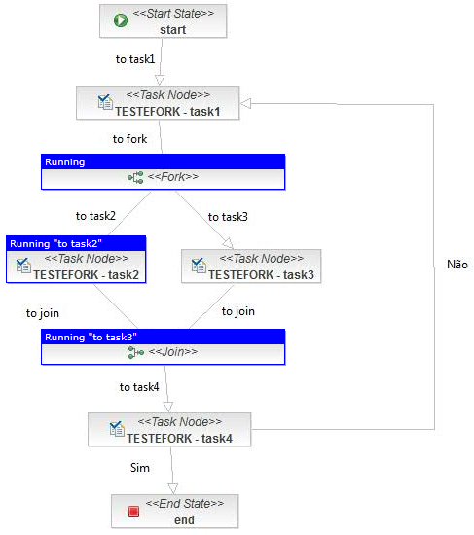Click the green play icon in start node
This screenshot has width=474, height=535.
121,20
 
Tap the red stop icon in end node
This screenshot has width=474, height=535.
133,511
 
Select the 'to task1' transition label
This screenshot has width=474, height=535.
135,59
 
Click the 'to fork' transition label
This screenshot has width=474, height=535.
129,139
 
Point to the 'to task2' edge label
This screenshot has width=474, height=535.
95,216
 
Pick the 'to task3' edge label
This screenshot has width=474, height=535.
228,217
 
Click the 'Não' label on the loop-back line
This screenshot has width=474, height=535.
457,264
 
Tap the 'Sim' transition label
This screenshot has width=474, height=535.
140,468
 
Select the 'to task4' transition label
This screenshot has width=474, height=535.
139,387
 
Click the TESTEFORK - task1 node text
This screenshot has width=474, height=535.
167,112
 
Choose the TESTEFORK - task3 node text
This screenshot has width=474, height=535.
261,275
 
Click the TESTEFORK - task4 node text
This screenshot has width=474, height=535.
180,438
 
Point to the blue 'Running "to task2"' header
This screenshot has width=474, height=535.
76,243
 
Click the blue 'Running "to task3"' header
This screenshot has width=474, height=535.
163,337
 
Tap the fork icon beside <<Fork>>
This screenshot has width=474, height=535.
135,177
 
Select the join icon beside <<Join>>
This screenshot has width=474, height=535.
136,352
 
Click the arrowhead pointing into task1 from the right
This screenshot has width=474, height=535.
245,103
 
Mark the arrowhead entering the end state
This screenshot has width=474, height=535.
173,488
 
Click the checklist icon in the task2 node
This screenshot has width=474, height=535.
23,266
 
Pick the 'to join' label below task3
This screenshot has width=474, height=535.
238,311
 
